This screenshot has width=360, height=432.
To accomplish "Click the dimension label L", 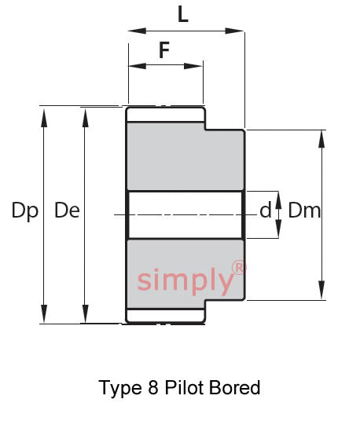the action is click(x=183, y=14).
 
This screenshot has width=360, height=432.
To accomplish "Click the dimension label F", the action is click(x=164, y=49).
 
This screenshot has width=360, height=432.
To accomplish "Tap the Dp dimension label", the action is click(x=25, y=211).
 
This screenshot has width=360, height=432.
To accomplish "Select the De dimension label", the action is click(x=68, y=211).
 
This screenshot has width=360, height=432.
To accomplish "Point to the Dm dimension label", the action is click(x=304, y=211).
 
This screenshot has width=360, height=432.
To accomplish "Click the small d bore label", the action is click(x=266, y=210).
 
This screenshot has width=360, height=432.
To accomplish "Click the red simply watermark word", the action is click(x=186, y=280).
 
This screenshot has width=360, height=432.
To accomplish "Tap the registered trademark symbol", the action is click(x=238, y=268).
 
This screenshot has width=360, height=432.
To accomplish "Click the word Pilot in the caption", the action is click(x=186, y=387).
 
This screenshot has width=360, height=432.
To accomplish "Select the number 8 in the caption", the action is click(x=153, y=387).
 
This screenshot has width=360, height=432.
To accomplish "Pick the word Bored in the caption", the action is click(x=234, y=387).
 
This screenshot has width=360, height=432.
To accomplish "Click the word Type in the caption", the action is click(x=120, y=388).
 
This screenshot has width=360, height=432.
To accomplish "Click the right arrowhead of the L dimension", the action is click(x=234, y=31).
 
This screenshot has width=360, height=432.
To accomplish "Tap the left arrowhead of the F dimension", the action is click(x=138, y=66).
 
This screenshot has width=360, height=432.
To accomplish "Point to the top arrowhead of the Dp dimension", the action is click(x=44, y=118).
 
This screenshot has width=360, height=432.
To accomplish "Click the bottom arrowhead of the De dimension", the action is click(x=86, y=313).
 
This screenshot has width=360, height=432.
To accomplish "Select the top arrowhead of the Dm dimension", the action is click(x=321, y=139).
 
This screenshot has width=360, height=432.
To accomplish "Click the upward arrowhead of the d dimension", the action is click(x=278, y=200).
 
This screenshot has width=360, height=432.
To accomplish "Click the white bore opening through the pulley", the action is click(x=186, y=214).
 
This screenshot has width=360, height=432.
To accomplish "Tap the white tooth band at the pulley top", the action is click(x=165, y=115).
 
